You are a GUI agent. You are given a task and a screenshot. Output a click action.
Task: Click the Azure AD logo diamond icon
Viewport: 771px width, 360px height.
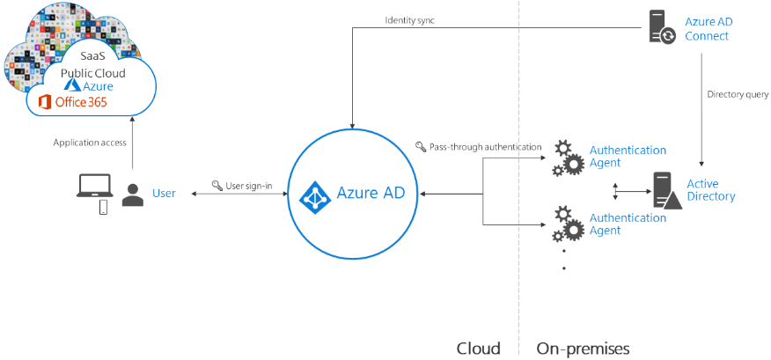315,194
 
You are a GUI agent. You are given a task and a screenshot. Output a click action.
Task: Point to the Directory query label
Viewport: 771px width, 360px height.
738,93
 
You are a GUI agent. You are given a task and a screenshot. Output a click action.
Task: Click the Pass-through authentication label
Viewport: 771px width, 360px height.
479,146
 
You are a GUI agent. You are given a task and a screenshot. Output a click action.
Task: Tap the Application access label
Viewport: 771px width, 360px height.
90,142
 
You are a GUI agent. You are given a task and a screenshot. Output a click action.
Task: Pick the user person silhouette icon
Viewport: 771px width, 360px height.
133,195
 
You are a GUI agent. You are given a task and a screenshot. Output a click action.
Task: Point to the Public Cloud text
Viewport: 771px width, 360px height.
93,72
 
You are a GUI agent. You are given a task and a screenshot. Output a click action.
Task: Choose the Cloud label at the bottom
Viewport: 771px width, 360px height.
478,348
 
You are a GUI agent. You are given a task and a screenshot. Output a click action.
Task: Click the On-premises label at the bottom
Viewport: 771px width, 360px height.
583,348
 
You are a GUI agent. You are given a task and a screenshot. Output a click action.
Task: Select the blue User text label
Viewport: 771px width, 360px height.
164,193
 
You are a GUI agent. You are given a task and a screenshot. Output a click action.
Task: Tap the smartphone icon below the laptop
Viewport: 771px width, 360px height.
103,208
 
